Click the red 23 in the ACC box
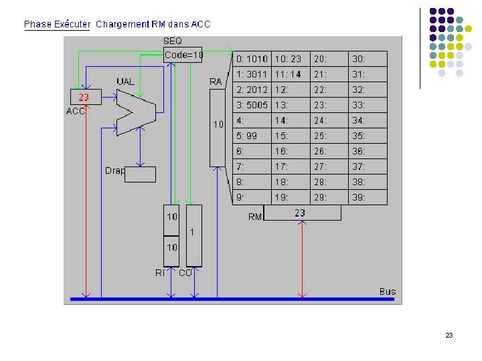[84, 97]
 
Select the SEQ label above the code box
[173, 41]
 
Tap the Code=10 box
[183, 55]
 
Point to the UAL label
[125, 82]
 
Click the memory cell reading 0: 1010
[252, 59]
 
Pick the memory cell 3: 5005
[252, 105]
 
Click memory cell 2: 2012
[252, 90]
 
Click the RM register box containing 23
[302, 213]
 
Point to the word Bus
[388, 291]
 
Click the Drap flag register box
[140, 174]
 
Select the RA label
[216, 82]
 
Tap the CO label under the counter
[185, 273]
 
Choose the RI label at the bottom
[160, 273]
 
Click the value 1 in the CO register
[193, 233]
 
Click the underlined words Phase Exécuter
[57, 24]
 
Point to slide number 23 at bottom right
[449, 335]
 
